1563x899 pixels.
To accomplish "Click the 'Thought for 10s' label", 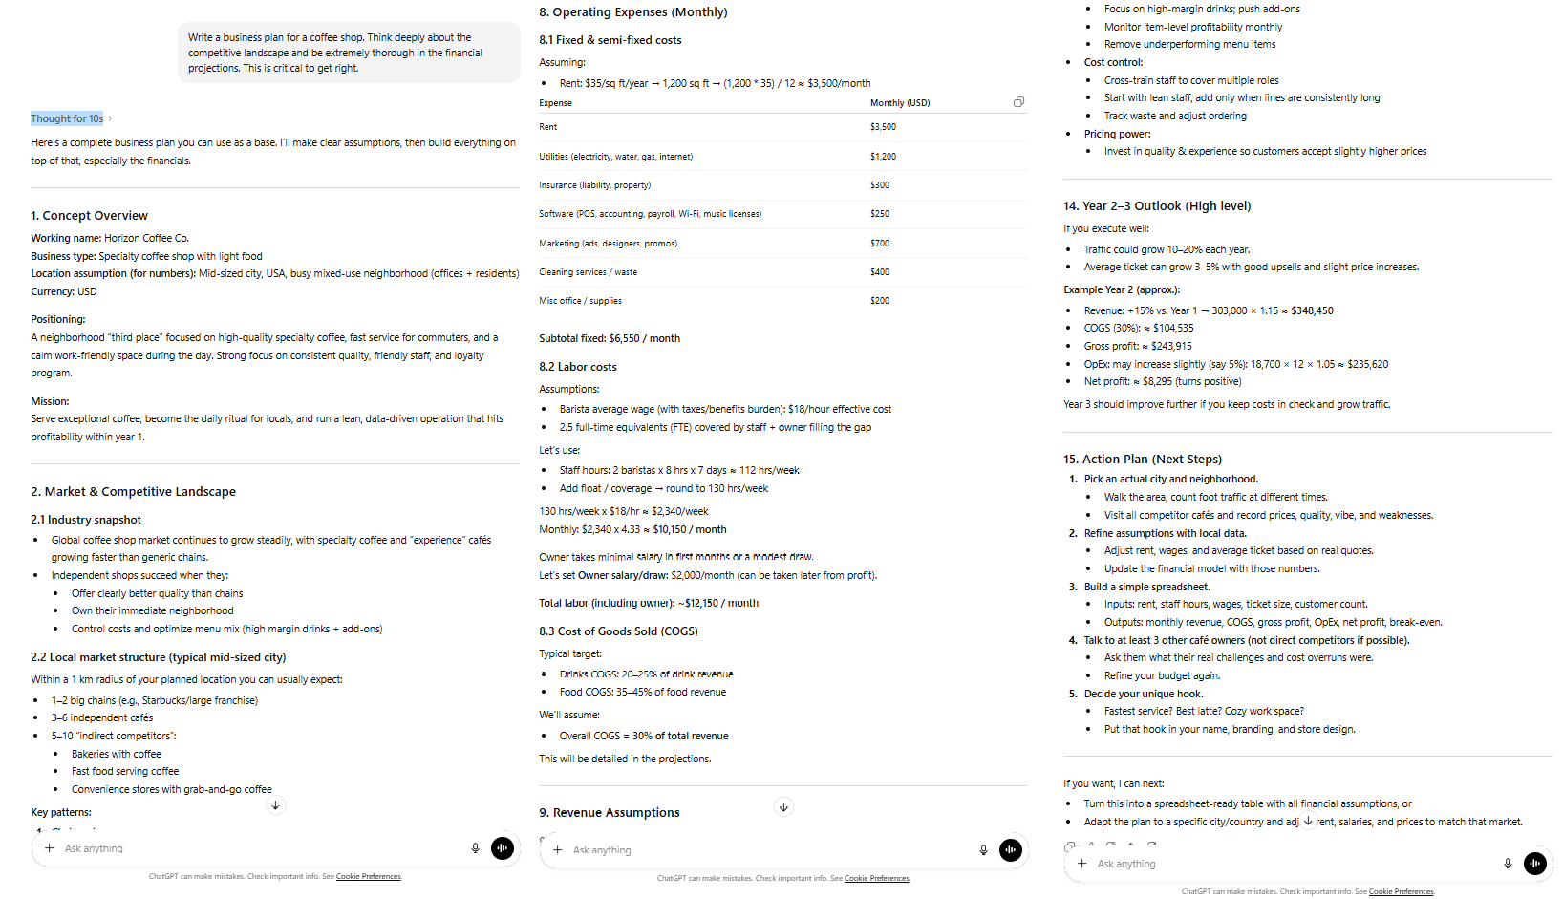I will tap(67, 118).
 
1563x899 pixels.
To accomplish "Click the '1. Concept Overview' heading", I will tap(89, 216).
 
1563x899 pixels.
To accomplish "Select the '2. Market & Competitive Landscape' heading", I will tap(133, 492).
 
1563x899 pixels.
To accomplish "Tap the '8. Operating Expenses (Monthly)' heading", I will tap(632, 12).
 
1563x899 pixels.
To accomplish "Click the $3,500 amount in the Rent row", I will tap(883, 127).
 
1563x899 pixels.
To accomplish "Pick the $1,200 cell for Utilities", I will tap(883, 157).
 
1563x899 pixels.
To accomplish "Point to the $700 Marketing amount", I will tap(880, 244).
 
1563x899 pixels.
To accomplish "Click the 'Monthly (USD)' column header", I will tap(899, 103).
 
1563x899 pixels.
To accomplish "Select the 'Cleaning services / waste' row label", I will tap(588, 272).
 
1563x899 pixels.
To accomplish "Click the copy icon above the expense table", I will tap(1018, 102).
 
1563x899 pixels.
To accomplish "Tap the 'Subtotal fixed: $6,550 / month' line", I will tap(610, 338).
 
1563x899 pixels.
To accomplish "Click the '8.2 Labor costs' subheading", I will tap(577, 367).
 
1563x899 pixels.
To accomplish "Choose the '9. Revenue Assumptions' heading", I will tap(609, 813).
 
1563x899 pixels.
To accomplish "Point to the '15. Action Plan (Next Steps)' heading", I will tap(1142, 460).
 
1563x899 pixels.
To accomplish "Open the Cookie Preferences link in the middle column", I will tap(876, 878).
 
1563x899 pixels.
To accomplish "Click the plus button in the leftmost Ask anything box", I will tap(50, 848).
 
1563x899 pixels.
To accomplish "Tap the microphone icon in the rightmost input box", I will tap(1508, 864).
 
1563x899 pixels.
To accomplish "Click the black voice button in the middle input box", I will tap(1010, 850).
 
